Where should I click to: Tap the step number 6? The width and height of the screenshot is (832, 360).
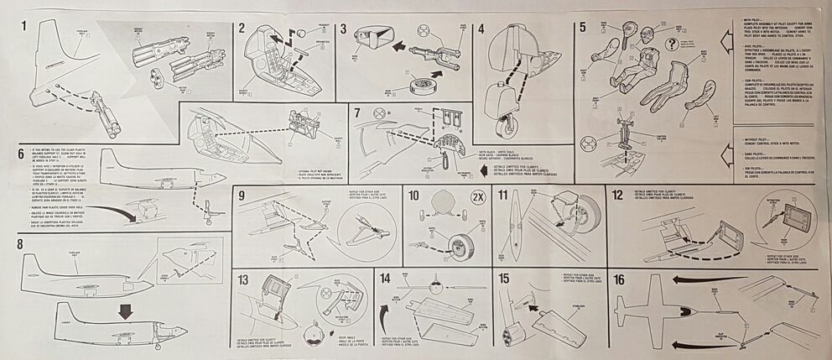pyautogui.click(x=19, y=154)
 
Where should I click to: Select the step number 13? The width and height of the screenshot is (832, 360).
pyautogui.click(x=244, y=279)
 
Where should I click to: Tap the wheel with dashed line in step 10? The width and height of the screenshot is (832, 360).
pyautogui.click(x=459, y=246)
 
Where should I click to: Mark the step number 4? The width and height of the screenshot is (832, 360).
pyautogui.click(x=481, y=25)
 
